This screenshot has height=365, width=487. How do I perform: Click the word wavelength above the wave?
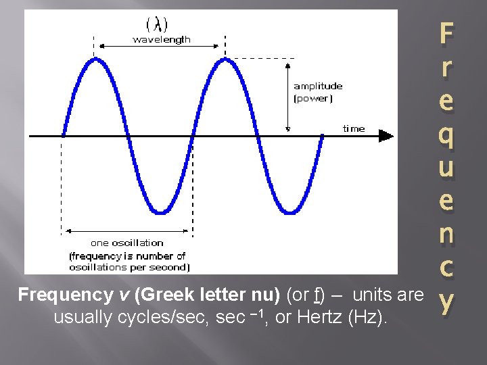tap(162, 39)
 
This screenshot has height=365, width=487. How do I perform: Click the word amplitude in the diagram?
tap(318, 87)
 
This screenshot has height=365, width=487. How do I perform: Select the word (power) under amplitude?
tap(312, 99)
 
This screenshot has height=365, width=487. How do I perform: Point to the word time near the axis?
tap(353, 128)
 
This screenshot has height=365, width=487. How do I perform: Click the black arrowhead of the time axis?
tap(386, 136)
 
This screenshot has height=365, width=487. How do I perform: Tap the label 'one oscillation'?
tap(126, 243)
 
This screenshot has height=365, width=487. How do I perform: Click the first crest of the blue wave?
tap(95, 59)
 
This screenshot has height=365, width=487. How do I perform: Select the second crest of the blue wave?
tap(224, 59)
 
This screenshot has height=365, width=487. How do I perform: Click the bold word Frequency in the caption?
tap(58, 295)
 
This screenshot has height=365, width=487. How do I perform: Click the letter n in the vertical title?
tap(446, 234)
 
